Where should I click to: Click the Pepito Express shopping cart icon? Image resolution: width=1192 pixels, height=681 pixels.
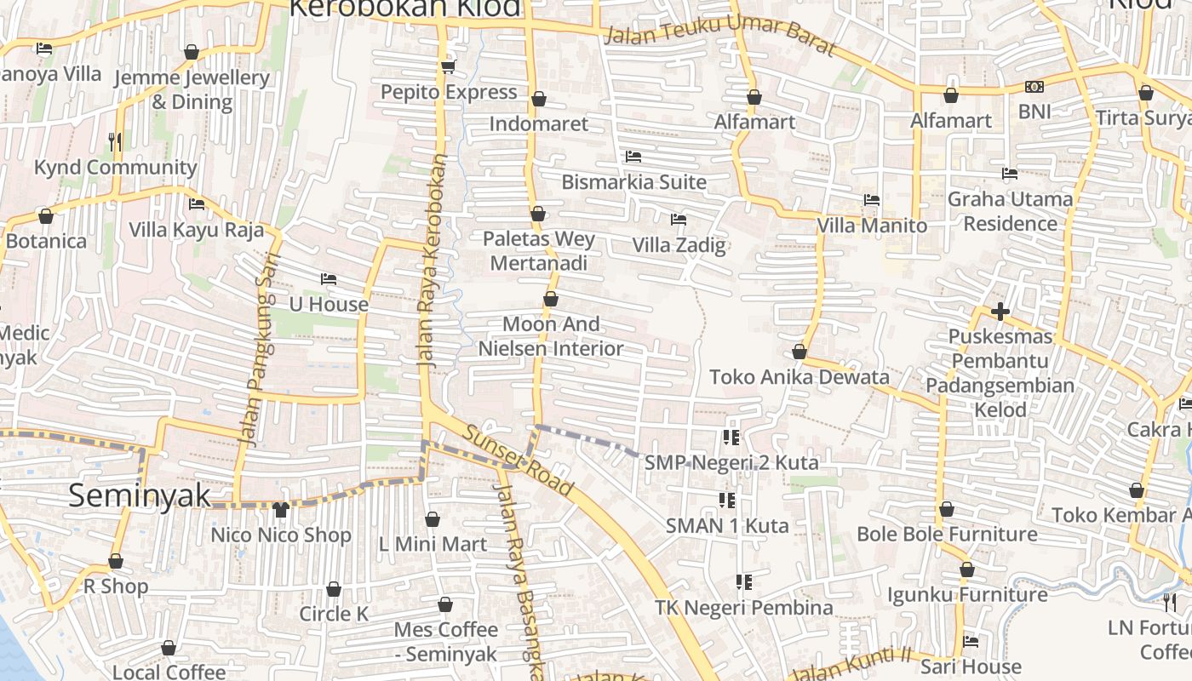click(448, 66)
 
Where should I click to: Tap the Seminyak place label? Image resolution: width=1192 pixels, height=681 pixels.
click(139, 495)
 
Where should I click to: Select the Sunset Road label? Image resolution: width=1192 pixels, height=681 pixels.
click(517, 460)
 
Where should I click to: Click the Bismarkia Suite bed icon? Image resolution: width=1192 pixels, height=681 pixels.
click(633, 157)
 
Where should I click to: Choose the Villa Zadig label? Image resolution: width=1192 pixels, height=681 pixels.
click(679, 245)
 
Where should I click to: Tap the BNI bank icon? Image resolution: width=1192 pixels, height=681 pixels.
click(1034, 87)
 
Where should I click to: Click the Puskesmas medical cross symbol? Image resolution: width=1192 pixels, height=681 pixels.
click(1000, 312)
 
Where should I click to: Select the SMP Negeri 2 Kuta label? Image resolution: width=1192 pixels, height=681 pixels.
click(731, 462)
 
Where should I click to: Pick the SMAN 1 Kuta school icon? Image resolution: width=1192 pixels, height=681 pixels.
click(727, 500)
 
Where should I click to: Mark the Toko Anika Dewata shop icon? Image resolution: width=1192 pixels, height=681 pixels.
click(799, 352)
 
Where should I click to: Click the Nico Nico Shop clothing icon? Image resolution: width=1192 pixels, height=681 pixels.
click(281, 510)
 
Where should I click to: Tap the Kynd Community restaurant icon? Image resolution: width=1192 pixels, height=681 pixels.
click(116, 141)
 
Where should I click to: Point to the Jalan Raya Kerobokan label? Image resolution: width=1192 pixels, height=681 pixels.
click(432, 260)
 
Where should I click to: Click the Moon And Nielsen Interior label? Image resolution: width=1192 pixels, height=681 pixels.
click(551, 336)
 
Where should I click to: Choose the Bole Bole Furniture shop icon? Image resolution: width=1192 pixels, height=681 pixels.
click(947, 510)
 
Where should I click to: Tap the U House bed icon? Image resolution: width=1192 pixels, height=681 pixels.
click(329, 279)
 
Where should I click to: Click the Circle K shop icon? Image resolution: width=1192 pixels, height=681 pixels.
click(334, 589)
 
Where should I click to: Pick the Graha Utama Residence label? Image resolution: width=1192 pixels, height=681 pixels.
click(1011, 211)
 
